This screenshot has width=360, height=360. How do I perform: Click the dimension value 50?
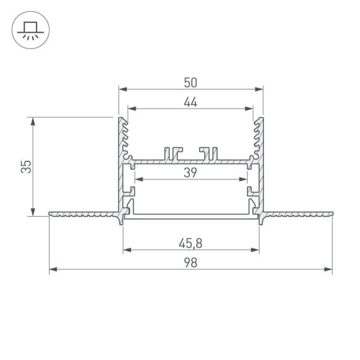(x=191, y=82)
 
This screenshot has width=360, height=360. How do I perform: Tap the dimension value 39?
(x=191, y=173)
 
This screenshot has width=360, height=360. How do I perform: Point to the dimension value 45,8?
(x=191, y=243)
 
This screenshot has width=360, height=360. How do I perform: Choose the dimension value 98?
(x=191, y=263)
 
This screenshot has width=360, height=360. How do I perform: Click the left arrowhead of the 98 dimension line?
(x=53, y=269)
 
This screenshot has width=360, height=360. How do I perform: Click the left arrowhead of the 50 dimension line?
(x=122, y=89)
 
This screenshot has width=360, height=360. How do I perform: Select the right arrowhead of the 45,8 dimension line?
(x=255, y=250)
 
